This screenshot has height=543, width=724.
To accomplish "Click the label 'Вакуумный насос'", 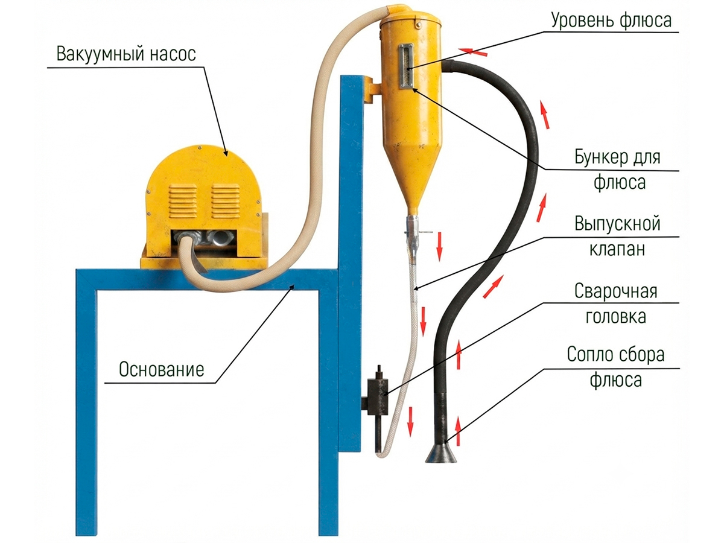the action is pos(126,54).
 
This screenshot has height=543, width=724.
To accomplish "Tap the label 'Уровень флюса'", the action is pos(611,21).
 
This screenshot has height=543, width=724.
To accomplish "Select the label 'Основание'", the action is pos(162,369).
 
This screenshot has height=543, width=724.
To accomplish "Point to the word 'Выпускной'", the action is pos(617,224).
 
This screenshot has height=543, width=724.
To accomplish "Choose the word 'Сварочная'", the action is pos(616,291).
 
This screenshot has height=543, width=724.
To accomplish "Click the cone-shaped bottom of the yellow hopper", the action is pos(412,178).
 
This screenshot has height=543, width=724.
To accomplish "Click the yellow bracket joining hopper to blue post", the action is pos(372,89).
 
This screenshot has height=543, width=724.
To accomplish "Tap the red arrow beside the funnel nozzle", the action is pos(457,431).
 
